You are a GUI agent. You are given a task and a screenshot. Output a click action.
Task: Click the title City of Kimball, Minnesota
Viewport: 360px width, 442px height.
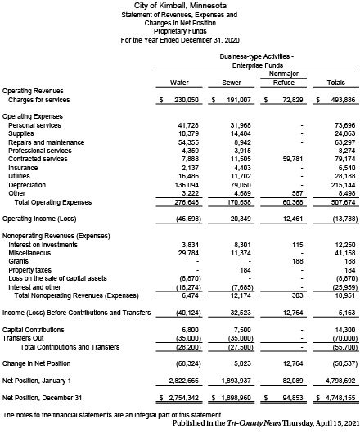pos(179,6)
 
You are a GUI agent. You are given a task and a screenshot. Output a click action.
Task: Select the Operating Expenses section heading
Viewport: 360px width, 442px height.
pos(34,116)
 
